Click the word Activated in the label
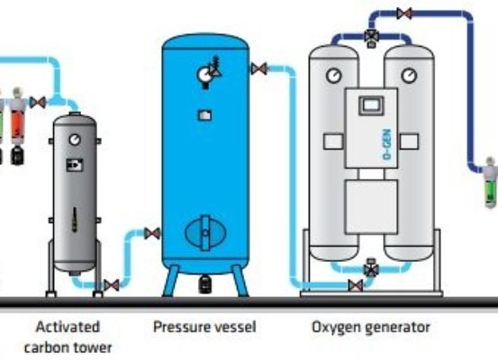coord(68,327)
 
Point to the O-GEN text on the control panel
coord(387,144)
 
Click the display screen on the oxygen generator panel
coord(371,105)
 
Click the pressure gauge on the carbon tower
coord(75,139)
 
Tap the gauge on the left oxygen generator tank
coord(334,76)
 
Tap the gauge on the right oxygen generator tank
coord(409,76)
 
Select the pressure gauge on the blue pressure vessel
coord(204,75)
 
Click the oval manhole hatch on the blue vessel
coord(205,233)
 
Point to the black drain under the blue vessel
coord(205,284)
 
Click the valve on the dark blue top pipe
coord(404,13)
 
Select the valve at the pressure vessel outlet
coord(259,69)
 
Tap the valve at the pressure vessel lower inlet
coord(152,234)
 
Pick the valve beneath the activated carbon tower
coord(112,285)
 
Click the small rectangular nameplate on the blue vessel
coord(205,115)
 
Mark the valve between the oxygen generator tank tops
coord(371,37)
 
